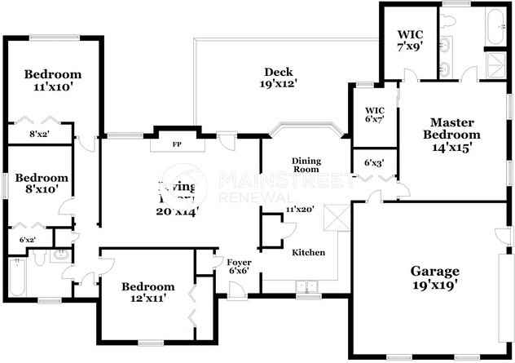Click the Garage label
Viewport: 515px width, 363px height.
click(434, 278)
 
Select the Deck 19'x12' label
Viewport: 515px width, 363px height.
click(278, 77)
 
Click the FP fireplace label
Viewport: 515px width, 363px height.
click(175, 145)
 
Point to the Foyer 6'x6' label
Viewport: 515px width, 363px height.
click(239, 266)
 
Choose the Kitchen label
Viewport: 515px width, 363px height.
click(308, 253)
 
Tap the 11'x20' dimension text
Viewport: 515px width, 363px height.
click(300, 210)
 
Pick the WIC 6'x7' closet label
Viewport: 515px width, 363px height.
click(374, 115)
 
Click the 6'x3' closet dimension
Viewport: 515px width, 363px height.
click(373, 162)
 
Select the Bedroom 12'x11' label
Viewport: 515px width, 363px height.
click(147, 293)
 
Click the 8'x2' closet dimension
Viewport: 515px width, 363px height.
click(39, 135)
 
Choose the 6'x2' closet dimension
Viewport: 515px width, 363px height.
click(26, 240)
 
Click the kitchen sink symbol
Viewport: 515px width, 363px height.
click(307, 286)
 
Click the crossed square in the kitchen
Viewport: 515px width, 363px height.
click(335, 218)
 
